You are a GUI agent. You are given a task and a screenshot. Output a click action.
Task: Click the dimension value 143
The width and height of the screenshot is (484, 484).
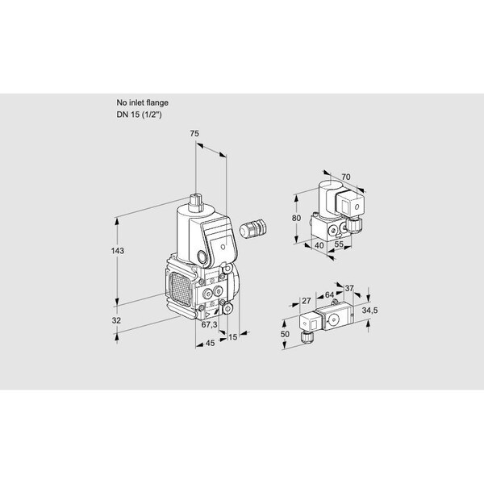pyautogui.click(x=118, y=251)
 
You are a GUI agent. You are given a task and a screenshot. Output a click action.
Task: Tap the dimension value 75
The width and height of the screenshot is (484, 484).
pyautogui.click(x=194, y=134)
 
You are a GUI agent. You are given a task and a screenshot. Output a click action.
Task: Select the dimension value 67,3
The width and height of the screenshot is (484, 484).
pyautogui.click(x=209, y=324)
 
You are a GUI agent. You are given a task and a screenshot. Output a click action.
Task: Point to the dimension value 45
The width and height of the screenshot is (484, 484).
pyautogui.click(x=210, y=343)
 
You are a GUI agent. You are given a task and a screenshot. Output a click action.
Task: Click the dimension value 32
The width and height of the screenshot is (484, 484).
pyautogui.click(x=116, y=320)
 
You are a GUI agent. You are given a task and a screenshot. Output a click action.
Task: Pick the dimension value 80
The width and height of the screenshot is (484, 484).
pyautogui.click(x=296, y=218)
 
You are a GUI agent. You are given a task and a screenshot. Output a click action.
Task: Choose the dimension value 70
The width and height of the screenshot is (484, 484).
pyautogui.click(x=346, y=177)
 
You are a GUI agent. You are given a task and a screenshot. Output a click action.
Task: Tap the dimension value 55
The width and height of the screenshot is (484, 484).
pyautogui.click(x=339, y=244)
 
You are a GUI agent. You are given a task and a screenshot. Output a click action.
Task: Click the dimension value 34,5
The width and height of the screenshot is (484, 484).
pyautogui.click(x=369, y=311)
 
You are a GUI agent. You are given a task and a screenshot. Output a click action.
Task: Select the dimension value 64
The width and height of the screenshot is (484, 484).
pyautogui.click(x=329, y=294)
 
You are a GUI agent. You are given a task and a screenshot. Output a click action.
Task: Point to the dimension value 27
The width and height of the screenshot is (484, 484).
pyautogui.click(x=307, y=300)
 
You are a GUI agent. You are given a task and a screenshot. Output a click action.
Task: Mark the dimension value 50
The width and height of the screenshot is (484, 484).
pyautogui.click(x=285, y=334)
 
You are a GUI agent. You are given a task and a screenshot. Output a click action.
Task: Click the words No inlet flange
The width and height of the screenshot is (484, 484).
pyautogui.click(x=142, y=102)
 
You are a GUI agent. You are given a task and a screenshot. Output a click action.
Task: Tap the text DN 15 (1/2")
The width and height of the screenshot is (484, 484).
pyautogui.click(x=139, y=115)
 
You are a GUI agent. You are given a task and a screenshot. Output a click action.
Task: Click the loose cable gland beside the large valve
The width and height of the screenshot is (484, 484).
pyautogui.click(x=252, y=229)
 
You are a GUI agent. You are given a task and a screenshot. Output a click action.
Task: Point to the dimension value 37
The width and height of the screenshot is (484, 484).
pyautogui.click(x=349, y=288)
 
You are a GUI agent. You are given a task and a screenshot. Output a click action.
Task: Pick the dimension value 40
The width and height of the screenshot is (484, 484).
pyautogui.click(x=319, y=245)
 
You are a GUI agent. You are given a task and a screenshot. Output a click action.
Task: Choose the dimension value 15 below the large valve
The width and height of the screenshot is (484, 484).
pyautogui.click(x=232, y=337)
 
